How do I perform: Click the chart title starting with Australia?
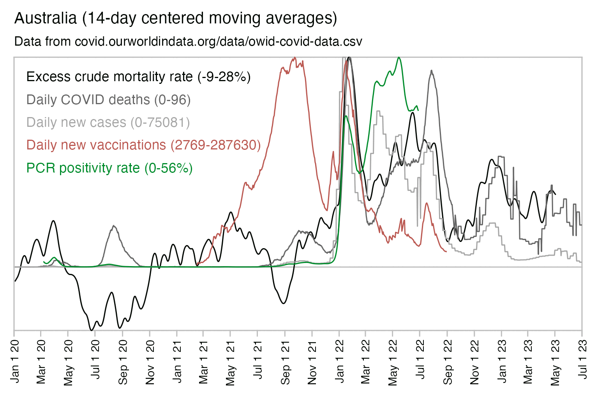point(176,18)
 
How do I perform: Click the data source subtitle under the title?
point(188,41)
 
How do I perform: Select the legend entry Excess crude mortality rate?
point(138,77)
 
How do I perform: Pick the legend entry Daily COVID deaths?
point(108,100)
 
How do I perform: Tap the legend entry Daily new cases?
point(108,123)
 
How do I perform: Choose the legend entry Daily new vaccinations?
point(143,145)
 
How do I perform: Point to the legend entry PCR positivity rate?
point(109,168)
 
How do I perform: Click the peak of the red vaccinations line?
point(294,58)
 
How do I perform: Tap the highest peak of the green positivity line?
point(399,58)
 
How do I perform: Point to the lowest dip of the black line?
point(92,330)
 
